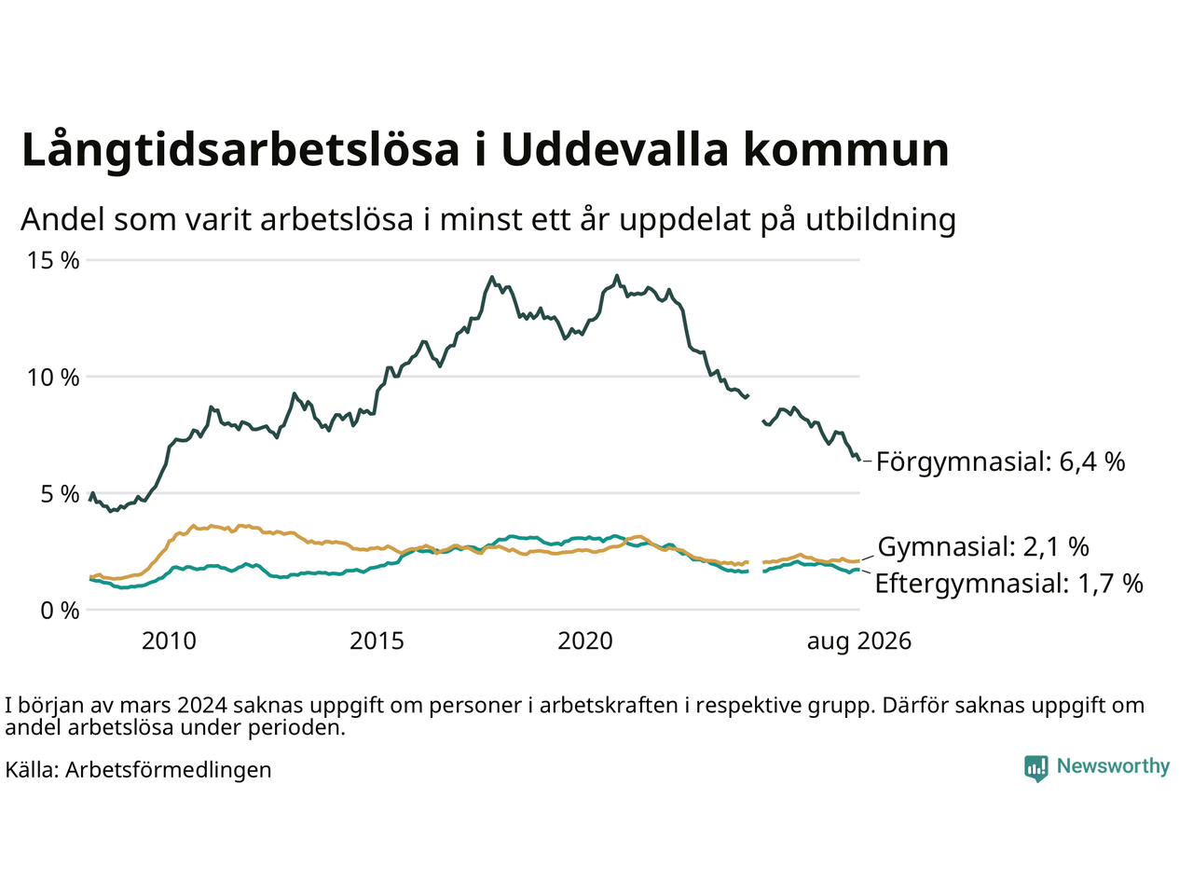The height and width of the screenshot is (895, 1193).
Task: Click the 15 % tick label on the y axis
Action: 53,261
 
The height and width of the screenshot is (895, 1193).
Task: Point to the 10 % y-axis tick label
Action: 53,378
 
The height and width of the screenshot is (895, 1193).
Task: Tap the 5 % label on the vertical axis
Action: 60,494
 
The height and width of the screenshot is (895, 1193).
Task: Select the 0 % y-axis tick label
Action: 60,611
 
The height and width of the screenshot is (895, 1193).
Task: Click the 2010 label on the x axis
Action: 169,641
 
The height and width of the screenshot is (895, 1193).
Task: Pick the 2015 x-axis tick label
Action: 377,641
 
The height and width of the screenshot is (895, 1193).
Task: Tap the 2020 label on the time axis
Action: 584,641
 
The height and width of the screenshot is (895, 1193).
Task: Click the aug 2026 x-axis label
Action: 858,642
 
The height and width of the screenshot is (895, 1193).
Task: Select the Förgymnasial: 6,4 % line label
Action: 1000,462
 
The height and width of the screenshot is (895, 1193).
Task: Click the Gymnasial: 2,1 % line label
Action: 983,546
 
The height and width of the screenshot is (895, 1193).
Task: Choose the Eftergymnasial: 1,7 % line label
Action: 1008,584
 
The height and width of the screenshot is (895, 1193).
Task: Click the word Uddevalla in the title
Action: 614,149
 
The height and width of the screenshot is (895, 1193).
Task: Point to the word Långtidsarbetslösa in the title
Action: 240,151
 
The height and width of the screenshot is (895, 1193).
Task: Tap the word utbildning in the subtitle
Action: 881,220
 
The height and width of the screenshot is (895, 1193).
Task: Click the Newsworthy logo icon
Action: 1035,768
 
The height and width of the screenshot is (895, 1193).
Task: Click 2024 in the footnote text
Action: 201,706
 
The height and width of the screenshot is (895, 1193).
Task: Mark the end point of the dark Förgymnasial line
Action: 859,461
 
